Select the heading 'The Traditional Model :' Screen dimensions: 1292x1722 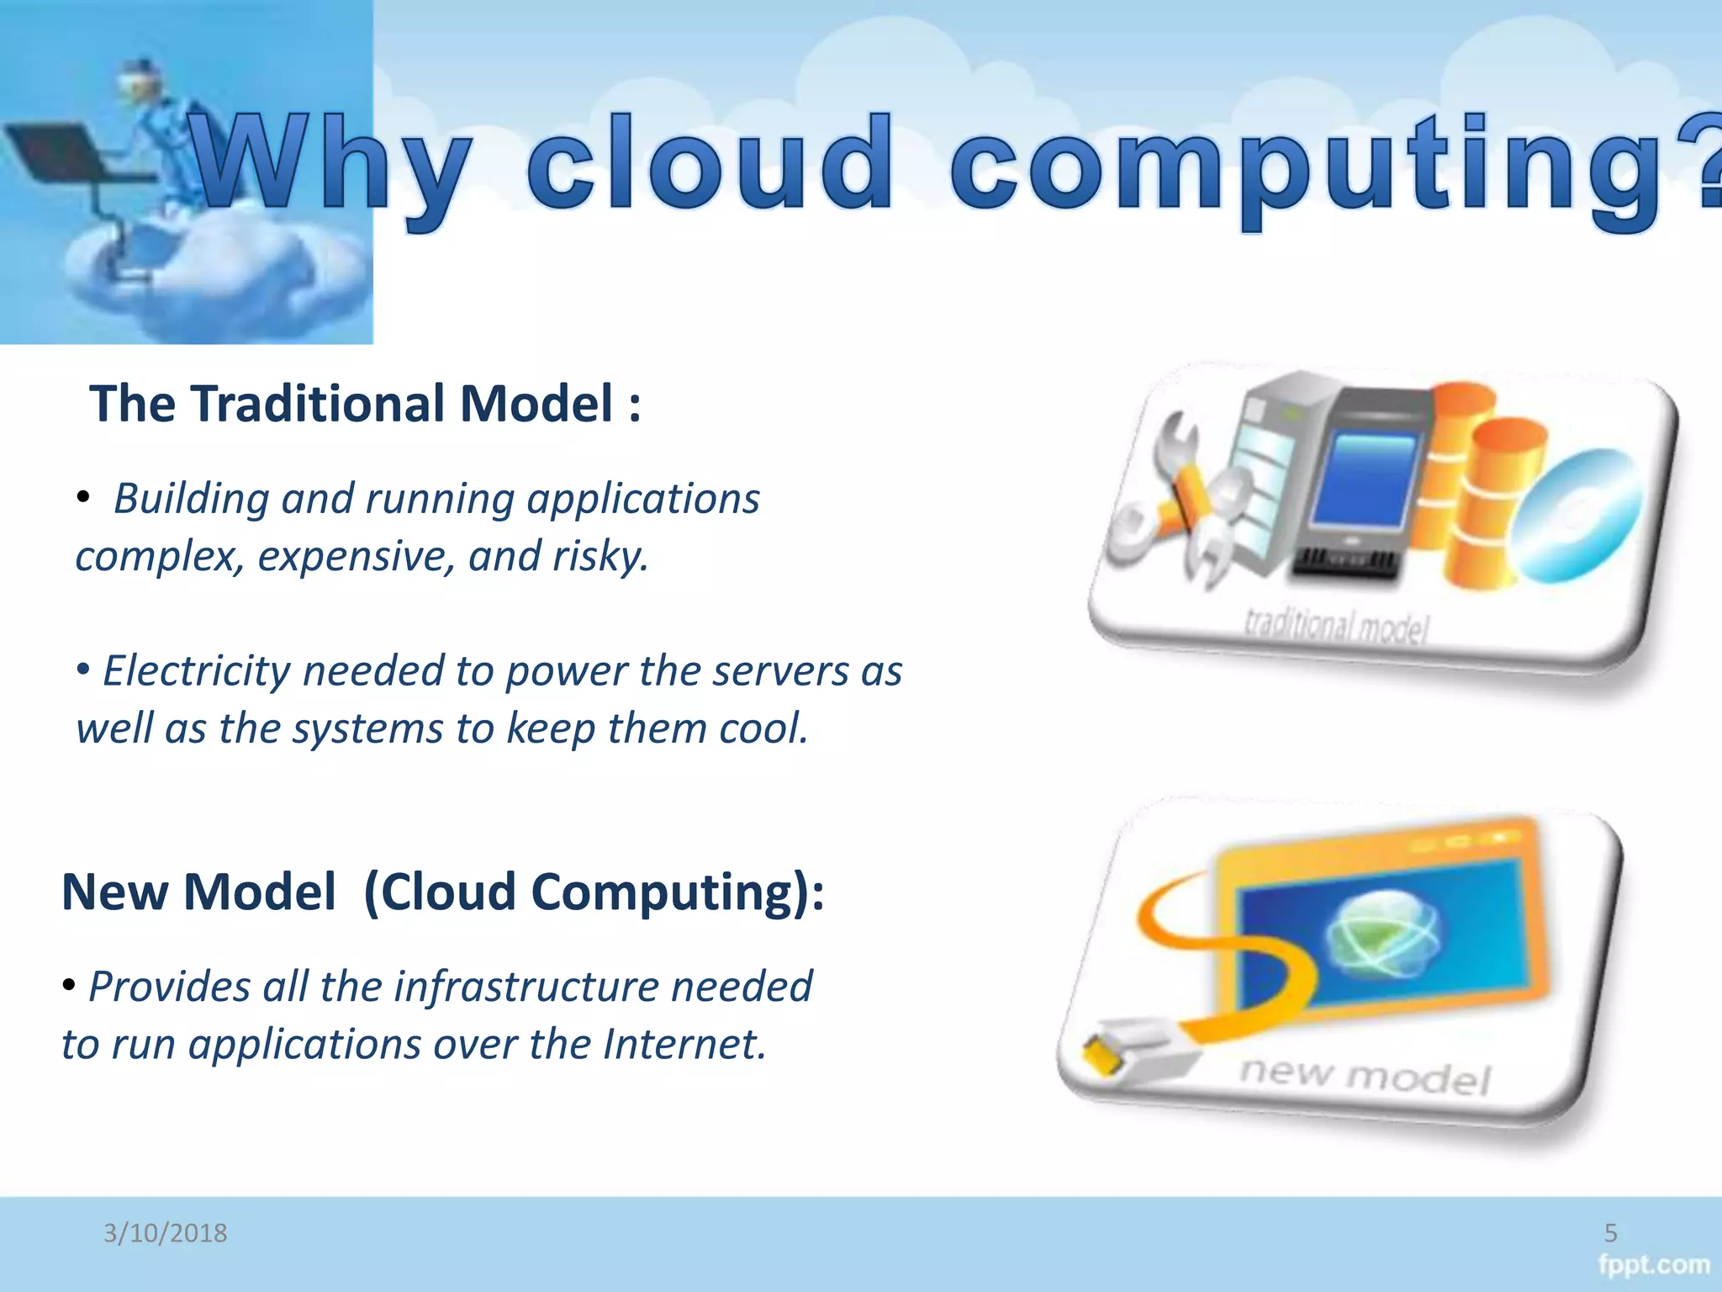tap(365, 404)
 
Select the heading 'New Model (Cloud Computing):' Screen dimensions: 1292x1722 tap(443, 892)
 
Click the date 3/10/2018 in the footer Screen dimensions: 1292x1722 tap(165, 1233)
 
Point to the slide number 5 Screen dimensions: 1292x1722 tap(1610, 1233)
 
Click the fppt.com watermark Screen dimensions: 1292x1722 tap(1653, 1265)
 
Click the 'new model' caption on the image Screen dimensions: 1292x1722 tap(1364, 1077)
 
